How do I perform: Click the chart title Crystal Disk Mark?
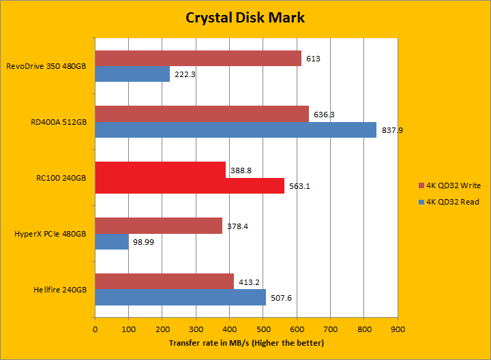pos(245,17)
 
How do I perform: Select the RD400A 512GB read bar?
pos(235,130)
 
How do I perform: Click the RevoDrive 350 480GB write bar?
pos(198,59)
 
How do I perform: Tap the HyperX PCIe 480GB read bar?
pos(111,241)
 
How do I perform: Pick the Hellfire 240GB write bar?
pos(164,281)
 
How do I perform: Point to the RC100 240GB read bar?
pos(189,185)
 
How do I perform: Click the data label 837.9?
pos(391,130)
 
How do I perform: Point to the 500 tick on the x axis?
pos(263,329)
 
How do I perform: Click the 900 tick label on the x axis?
pos(398,329)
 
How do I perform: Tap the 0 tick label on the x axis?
pos(95,329)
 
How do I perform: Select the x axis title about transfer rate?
pos(246,343)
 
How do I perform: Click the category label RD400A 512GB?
pos(59,122)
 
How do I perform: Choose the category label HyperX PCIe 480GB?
pos(50,234)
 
